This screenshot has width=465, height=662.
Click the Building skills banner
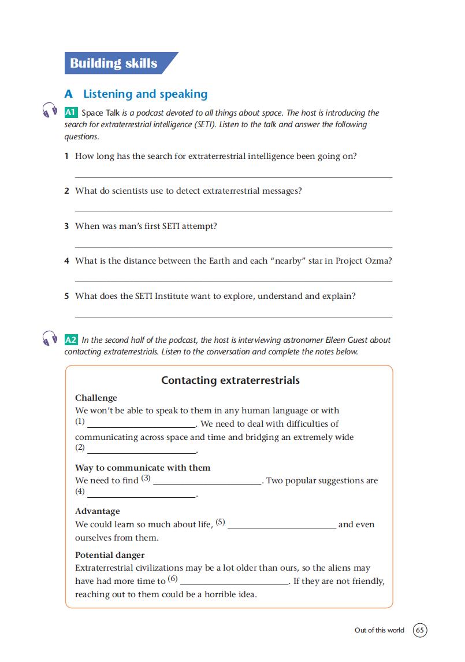click(x=114, y=63)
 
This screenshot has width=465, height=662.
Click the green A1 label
click(x=71, y=113)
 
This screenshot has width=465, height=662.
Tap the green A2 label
click(x=71, y=340)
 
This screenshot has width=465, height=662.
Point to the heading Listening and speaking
click(x=145, y=94)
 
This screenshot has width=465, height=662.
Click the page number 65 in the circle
click(x=421, y=630)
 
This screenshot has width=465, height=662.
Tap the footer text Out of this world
click(x=380, y=630)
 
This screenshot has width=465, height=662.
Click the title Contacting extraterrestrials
click(x=230, y=380)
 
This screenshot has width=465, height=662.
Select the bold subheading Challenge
click(x=96, y=398)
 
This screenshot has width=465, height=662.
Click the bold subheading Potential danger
click(x=110, y=555)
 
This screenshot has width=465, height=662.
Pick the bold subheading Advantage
click(x=98, y=511)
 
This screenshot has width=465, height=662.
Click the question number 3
click(x=67, y=226)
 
